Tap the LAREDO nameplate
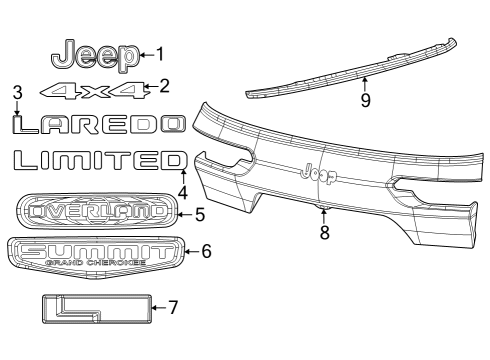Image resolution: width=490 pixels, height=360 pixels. pos(98,124)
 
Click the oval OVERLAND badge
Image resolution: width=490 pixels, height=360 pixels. pos(97,211)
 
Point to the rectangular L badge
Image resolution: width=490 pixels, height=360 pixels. pos(96,308)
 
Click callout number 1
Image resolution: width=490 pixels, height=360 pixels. pos(160,54)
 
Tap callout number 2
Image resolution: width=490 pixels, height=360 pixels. pos(165,87)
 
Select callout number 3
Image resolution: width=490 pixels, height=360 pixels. pos(17,93)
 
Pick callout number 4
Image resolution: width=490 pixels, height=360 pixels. pos(183,192)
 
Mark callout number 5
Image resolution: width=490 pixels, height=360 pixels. pos(199,213)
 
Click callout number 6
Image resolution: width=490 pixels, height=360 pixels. pos(206,251)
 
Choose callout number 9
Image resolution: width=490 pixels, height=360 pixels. pos(365,100)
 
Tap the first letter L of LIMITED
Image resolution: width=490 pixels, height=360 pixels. pos(23,161)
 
